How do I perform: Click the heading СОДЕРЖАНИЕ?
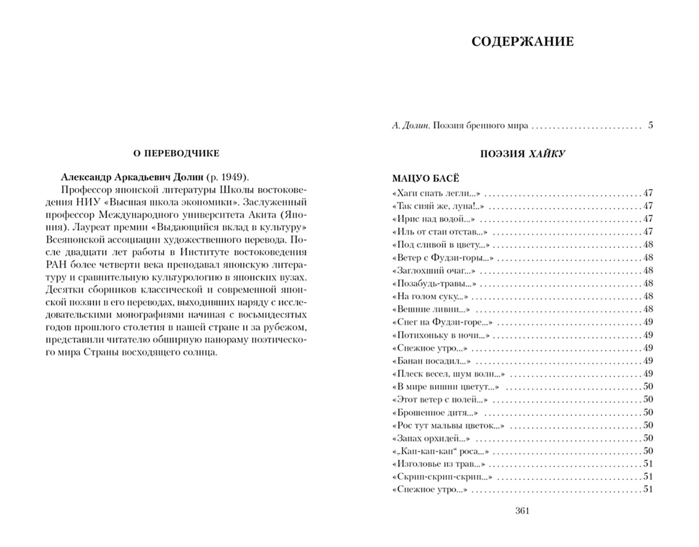tap(522, 42)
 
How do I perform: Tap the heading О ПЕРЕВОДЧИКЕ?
tap(176, 153)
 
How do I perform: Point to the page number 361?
tap(522, 511)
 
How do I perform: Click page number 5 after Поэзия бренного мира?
tap(650, 125)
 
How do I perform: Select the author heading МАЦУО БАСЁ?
tap(425, 178)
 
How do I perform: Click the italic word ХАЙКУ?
tap(547, 154)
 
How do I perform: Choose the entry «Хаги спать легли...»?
tap(436, 193)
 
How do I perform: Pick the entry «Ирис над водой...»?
tap(434, 219)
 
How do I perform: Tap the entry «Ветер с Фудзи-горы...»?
tap(443, 258)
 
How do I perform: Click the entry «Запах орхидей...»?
tap(431, 438)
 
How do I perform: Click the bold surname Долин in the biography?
tap(186, 177)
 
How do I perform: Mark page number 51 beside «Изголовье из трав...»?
tap(648, 464)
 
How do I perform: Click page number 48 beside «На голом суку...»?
tap(648, 296)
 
